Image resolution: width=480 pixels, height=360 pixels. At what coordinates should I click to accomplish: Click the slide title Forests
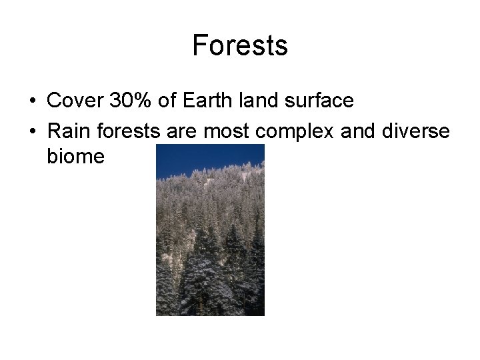tap(240, 46)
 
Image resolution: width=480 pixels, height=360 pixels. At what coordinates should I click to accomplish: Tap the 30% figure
tap(131, 101)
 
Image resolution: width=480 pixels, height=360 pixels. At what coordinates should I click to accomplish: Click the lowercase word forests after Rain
tap(125, 133)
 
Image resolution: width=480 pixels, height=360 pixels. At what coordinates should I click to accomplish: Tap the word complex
tap(285, 133)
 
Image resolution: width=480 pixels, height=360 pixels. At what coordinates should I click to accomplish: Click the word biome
tap(76, 157)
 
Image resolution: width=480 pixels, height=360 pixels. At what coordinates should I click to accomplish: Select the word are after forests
tap(179, 133)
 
